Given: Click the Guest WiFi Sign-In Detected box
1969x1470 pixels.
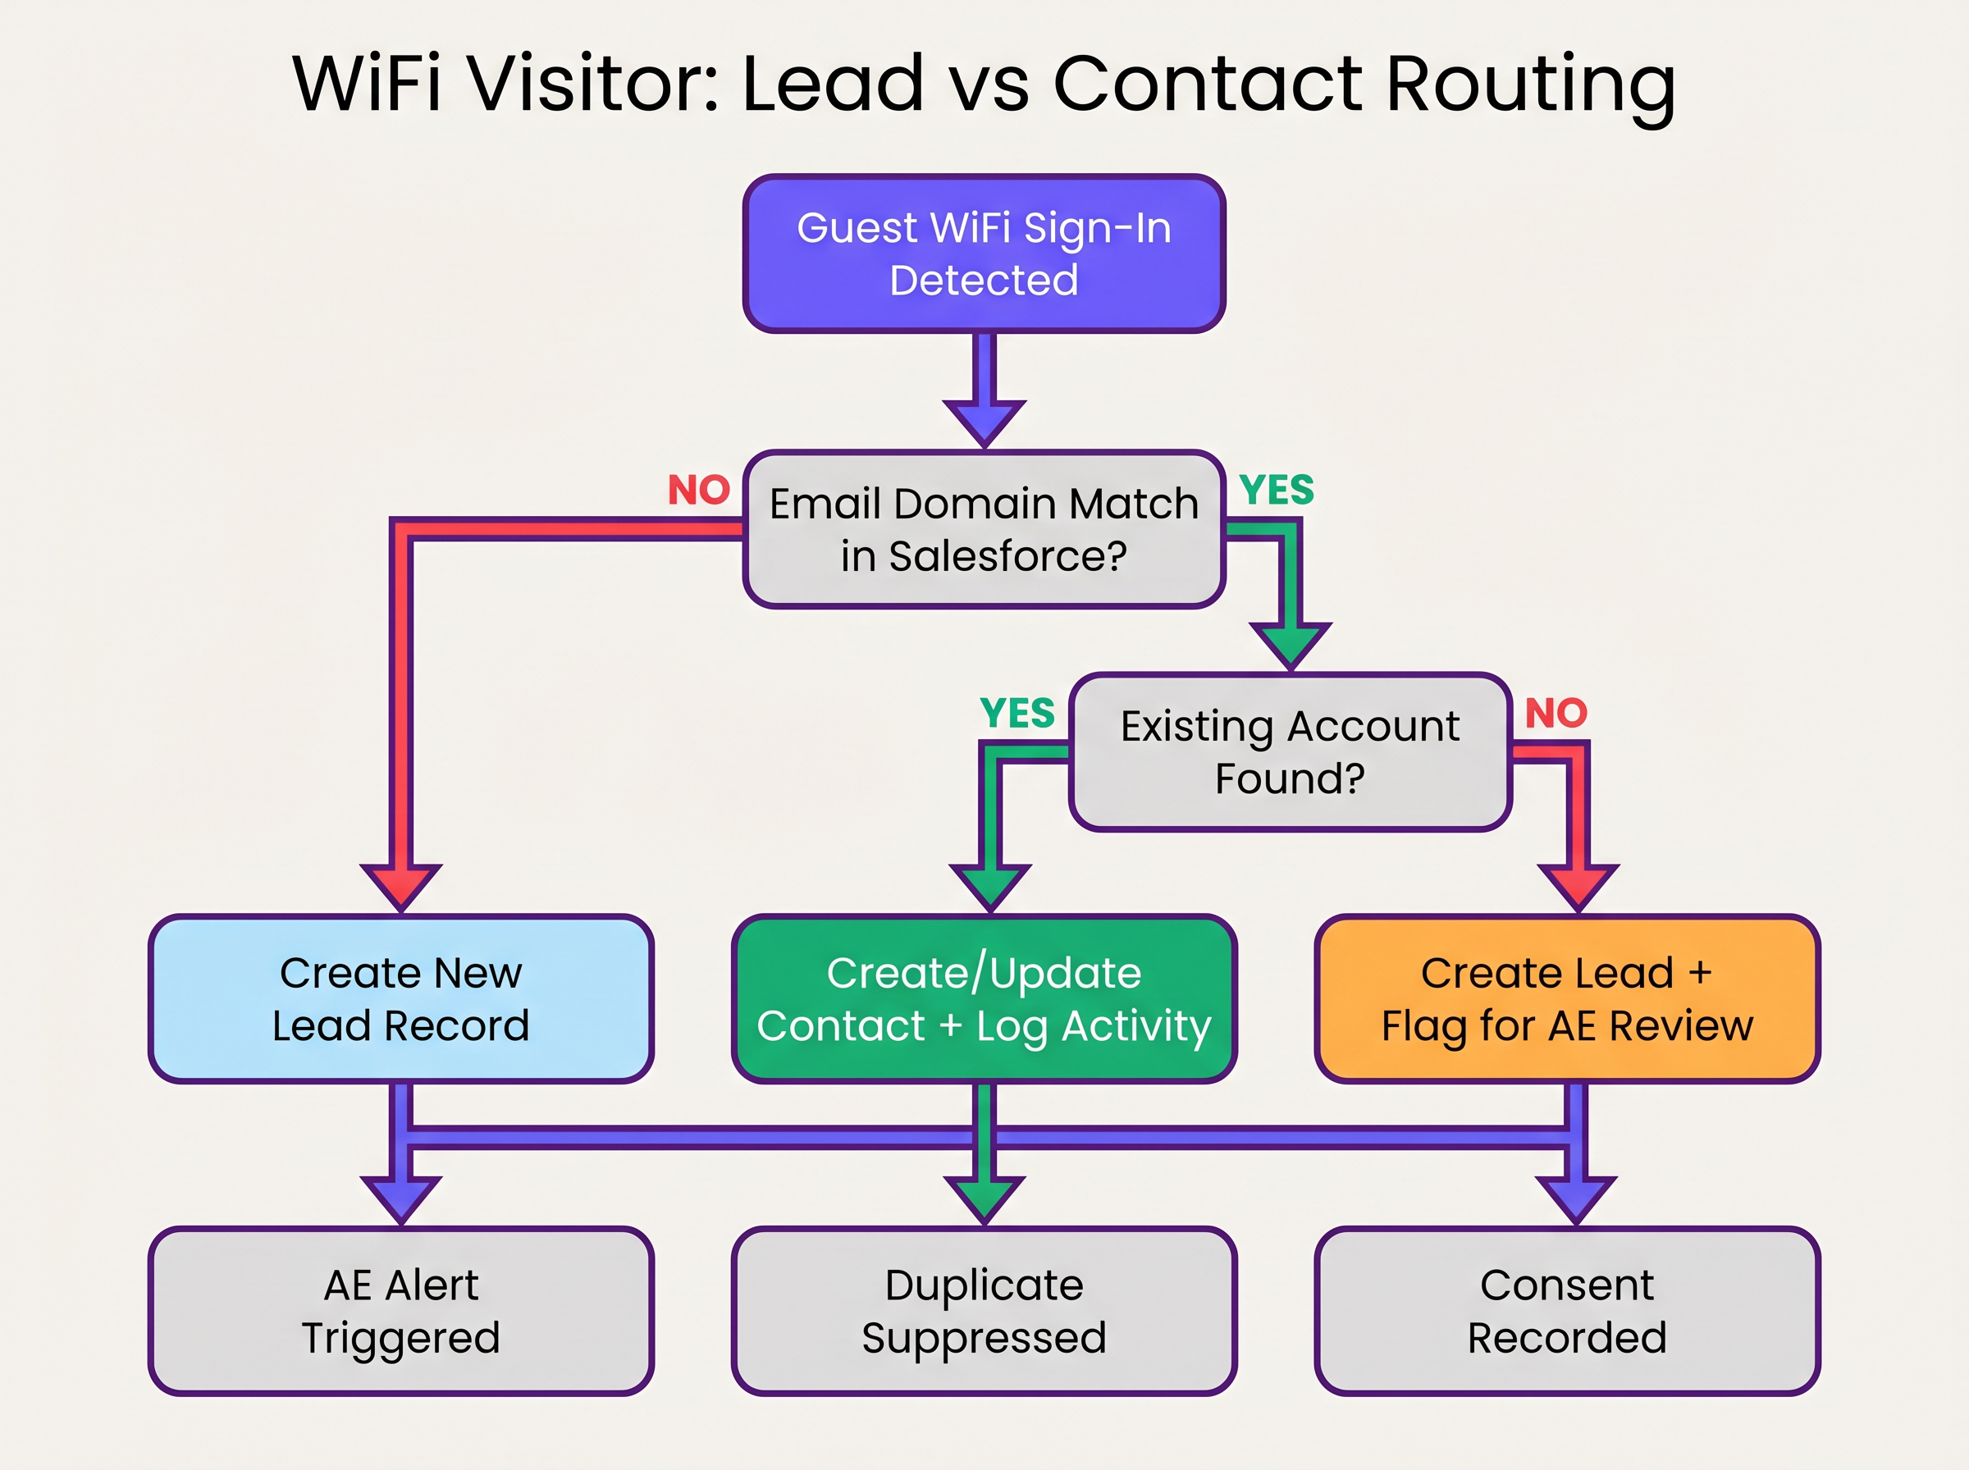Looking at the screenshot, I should click(984, 253).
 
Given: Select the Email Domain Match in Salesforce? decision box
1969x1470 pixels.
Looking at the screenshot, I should click(984, 529).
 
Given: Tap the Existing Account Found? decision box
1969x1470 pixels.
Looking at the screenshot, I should click(1291, 752).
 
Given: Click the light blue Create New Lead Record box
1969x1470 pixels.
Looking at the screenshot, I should click(400, 998).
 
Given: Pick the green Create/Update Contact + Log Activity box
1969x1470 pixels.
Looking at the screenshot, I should click(984, 998).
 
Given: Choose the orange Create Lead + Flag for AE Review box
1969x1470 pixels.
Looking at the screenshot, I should click(1567, 998).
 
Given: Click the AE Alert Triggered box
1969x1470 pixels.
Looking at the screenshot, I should click(400, 1311).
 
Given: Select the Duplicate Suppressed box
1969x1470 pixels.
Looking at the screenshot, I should click(984, 1311).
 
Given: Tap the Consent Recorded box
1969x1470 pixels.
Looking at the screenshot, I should click(1567, 1311).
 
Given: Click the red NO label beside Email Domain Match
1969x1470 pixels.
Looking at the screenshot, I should click(699, 491).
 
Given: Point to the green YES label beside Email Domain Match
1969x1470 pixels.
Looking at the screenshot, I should click(1277, 491).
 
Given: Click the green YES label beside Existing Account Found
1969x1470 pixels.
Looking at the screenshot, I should click(1017, 713).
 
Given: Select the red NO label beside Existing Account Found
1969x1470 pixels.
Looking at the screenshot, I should click(1556, 713).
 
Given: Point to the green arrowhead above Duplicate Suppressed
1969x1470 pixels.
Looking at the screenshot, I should click(984, 1198).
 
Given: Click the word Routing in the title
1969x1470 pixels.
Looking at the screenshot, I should click(1530, 84).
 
